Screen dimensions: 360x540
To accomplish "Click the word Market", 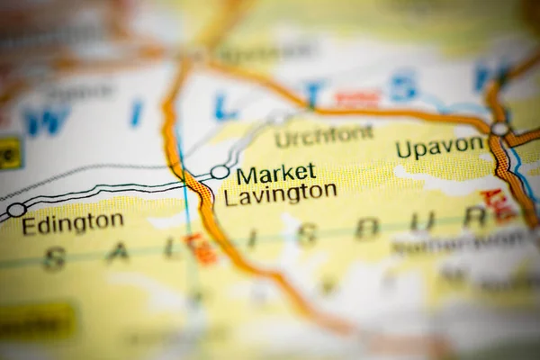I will tap(276, 173).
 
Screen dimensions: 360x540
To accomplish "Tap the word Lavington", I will tap(281, 193).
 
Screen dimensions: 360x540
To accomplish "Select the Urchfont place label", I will tap(324, 137).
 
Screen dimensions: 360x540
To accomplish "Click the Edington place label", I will tap(73, 222).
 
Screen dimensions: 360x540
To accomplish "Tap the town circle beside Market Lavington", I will tap(220, 172).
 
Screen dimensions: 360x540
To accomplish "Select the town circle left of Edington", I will tap(16, 210).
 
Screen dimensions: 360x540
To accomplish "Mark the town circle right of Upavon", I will tap(499, 129).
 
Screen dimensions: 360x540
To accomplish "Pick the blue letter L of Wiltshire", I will tap(225, 106).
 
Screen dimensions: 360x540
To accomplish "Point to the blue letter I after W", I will tap(137, 113).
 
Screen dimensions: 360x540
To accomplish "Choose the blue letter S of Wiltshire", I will tap(402, 86).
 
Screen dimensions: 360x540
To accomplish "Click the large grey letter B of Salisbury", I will tap(366, 228).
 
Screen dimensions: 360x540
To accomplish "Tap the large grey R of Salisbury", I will tap(474, 217).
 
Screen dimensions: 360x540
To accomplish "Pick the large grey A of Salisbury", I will tap(117, 253).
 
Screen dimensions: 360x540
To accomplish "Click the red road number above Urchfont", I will tap(358, 99).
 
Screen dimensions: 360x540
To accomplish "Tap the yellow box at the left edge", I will tap(9, 152).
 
